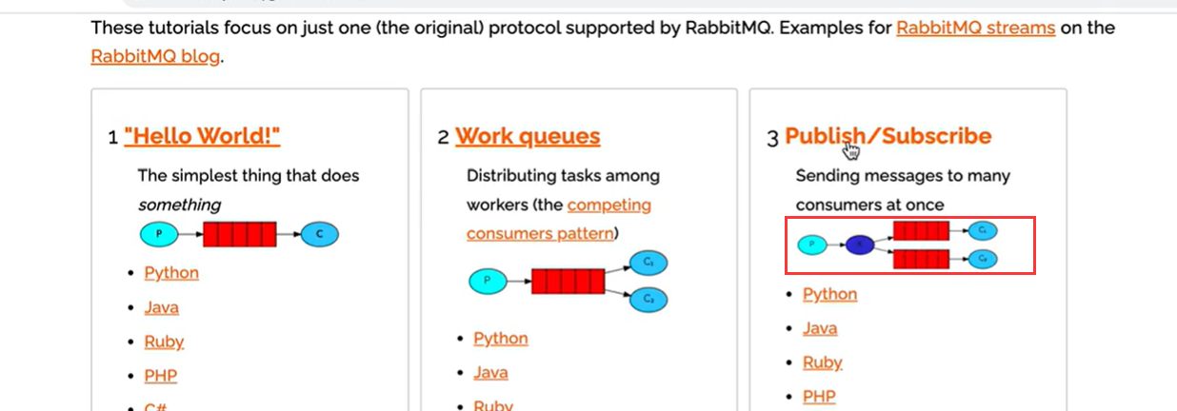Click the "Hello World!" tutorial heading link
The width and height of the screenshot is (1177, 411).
202,136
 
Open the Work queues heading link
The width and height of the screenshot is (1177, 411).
528,136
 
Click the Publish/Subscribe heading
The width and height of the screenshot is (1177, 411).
888,136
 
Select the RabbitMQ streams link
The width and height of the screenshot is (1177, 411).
975,28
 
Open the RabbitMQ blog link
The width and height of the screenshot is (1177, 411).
155,56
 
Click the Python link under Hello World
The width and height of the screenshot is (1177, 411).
171,273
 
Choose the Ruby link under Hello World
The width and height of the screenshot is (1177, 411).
164,342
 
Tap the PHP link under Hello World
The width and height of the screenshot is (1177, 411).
160,376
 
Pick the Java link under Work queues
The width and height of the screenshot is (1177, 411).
490,373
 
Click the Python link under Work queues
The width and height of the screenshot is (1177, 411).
500,339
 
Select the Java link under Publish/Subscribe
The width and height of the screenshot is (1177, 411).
820,328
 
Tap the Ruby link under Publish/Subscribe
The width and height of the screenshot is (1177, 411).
822,362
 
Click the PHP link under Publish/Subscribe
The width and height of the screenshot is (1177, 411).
819,396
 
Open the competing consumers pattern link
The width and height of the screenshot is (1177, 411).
560,219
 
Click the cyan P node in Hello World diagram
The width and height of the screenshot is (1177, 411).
158,234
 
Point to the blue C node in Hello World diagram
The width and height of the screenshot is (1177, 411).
320,234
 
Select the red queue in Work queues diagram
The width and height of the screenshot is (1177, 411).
568,282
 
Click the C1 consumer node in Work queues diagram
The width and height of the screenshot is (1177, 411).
648,263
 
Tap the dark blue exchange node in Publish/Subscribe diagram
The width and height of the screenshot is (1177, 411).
860,245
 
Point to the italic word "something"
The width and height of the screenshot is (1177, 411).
179,205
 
